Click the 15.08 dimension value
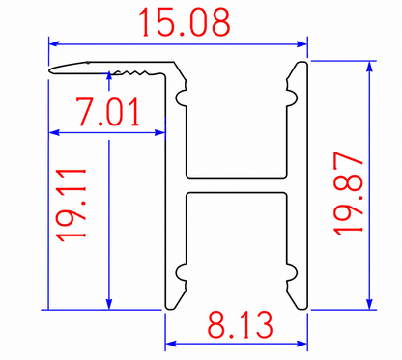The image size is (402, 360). (185, 21)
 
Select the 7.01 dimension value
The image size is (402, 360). (108, 112)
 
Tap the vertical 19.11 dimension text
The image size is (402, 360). (71, 205)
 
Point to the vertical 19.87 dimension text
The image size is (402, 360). (348, 194)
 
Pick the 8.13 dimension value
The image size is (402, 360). (240, 324)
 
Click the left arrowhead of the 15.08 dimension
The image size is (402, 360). (53, 43)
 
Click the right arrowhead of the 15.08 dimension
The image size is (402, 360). (302, 43)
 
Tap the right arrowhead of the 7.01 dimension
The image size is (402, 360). (160, 132)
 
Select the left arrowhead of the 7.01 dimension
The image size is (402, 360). (54, 132)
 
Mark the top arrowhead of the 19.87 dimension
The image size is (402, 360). (369, 66)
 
